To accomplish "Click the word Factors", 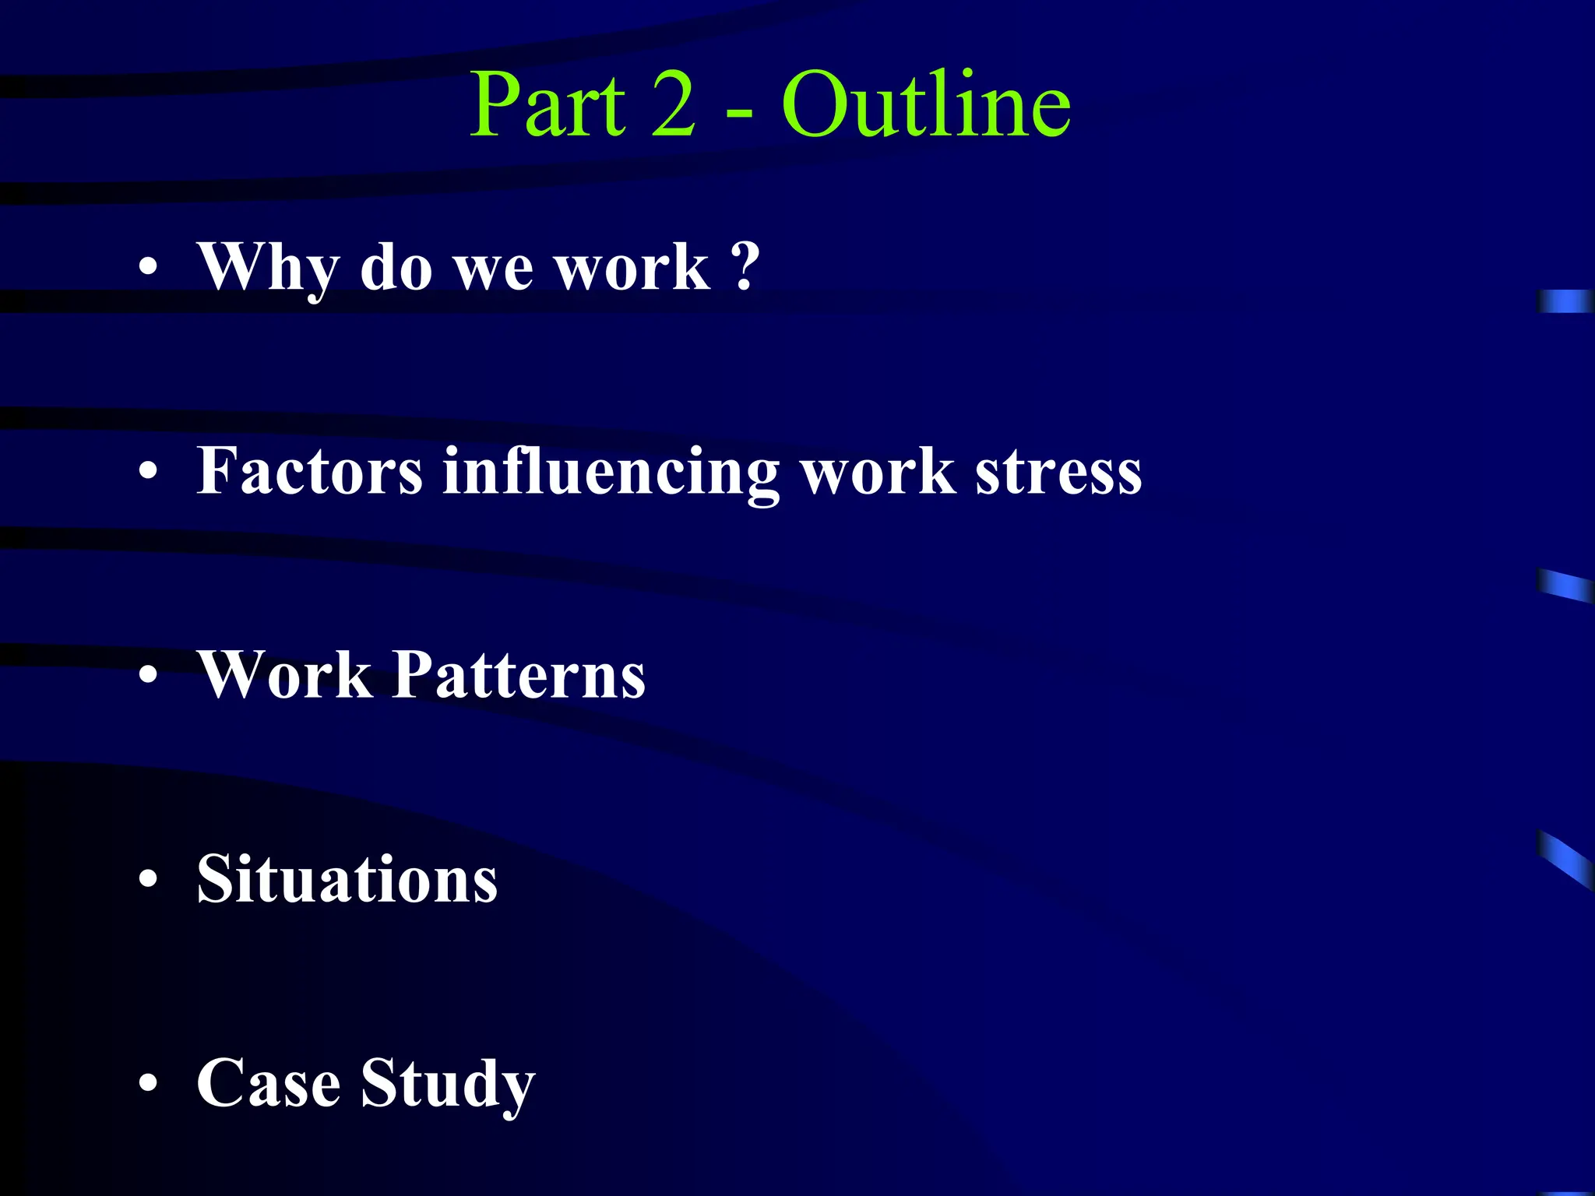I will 310,471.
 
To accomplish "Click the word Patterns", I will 519,675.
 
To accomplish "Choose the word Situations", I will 347,879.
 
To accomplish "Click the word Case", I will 269,1083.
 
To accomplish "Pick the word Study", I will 448,1085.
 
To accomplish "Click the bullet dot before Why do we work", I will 148,269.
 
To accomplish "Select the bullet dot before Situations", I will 148,881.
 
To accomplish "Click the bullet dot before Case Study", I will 148,1085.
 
